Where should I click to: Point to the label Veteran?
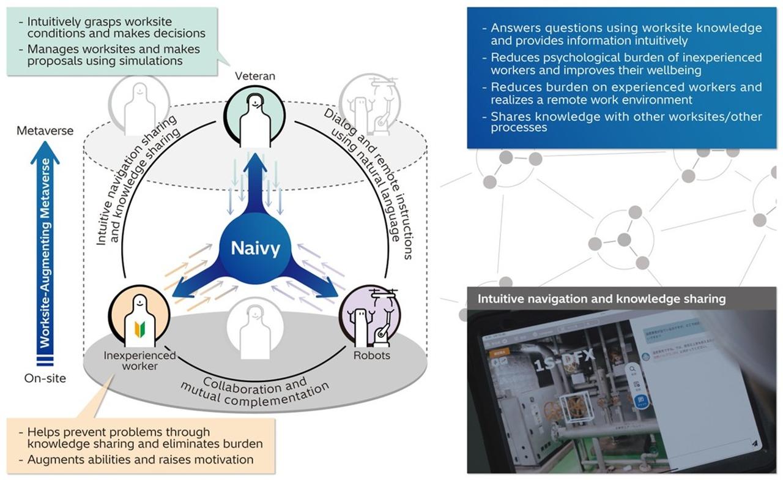[255, 76]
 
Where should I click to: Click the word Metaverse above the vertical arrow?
[45, 130]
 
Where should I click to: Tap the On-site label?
[45, 378]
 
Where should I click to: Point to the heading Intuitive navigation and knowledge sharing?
[601, 299]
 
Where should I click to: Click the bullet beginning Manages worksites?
[113, 54]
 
